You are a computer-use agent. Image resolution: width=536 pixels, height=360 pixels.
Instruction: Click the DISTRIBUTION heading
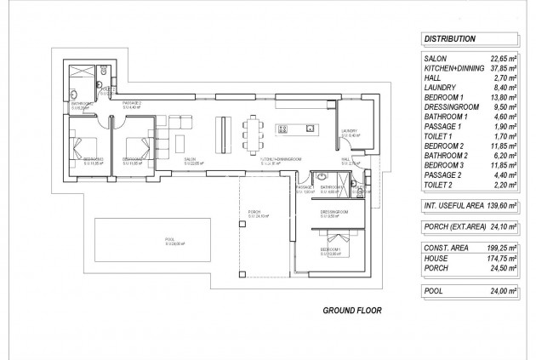[449, 38]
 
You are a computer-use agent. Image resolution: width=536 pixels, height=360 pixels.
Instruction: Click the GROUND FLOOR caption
[348, 310]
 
